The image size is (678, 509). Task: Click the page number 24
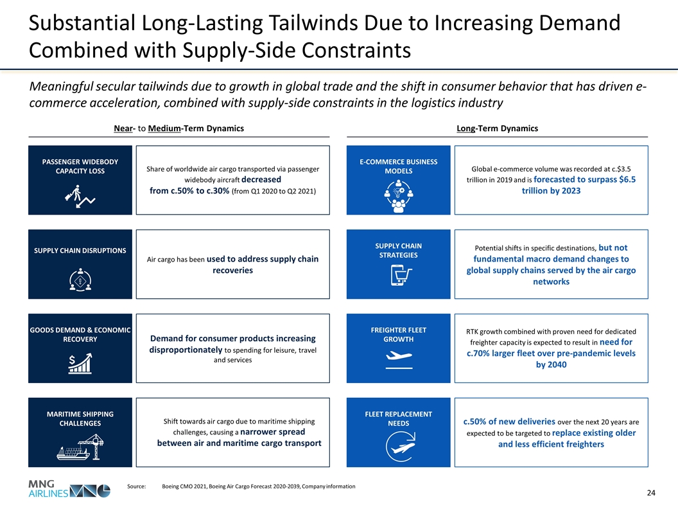point(650,493)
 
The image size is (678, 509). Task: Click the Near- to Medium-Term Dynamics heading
point(178,129)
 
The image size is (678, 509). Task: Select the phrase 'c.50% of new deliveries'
point(509,422)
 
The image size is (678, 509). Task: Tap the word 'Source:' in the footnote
point(137,487)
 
